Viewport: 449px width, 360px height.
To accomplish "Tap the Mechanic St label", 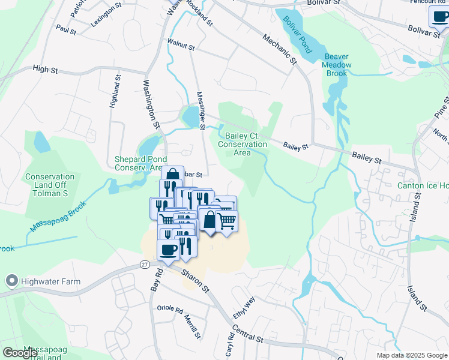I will coord(280,49).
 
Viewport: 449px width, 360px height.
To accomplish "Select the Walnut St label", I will coord(181,46).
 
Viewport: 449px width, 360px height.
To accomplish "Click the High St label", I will coord(45,70).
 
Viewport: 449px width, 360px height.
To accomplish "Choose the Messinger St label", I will coord(201,110).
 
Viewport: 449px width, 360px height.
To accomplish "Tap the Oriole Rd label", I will coord(169,309).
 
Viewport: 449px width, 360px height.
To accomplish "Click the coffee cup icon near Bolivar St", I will coord(439,17).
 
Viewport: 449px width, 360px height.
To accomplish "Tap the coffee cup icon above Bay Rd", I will coord(167,250).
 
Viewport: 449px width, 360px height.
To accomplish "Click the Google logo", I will coord(20,353).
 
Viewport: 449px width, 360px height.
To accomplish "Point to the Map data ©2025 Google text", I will coord(412,355).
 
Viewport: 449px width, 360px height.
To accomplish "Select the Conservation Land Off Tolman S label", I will coord(50,181).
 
